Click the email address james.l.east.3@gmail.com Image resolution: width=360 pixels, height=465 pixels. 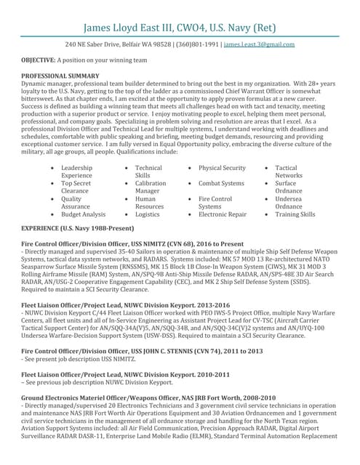(x=259, y=44)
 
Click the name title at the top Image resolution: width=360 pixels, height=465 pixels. (x=180, y=28)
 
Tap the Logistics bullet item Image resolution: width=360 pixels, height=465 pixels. (x=148, y=214)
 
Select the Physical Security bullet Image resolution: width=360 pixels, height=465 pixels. (x=222, y=168)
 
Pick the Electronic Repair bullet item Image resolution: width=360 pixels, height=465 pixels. (x=222, y=214)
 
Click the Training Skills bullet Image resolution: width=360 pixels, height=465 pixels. (x=295, y=214)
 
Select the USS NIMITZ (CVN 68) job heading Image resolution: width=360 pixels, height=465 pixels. (x=133, y=244)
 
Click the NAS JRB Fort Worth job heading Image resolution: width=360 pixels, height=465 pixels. (x=148, y=398)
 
